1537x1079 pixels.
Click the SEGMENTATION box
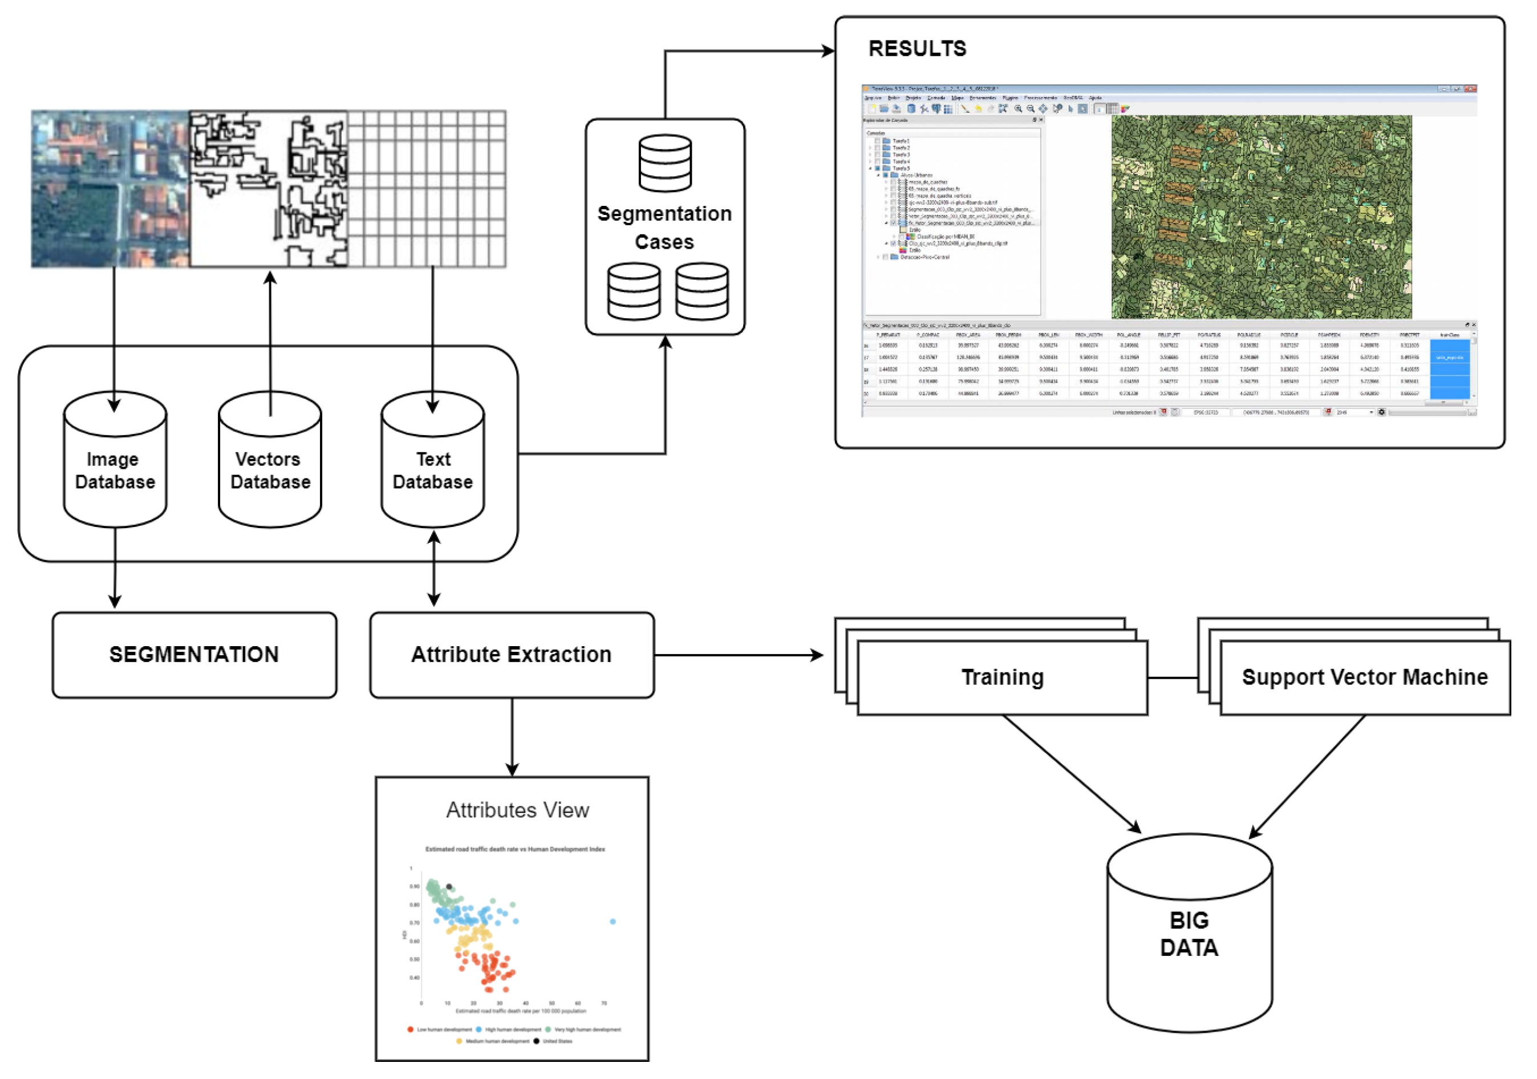pos(194,655)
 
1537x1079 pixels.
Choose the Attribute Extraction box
pos(512,655)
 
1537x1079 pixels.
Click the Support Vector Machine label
pos(1365,678)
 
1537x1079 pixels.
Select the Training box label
pos(1002,678)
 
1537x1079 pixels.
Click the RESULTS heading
pos(917,49)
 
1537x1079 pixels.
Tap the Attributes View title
pos(517,810)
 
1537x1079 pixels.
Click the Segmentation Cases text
pos(665,228)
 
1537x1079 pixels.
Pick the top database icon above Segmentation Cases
pos(665,163)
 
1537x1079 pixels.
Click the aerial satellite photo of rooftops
pos(110,189)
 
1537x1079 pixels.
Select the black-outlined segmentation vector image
pos(269,189)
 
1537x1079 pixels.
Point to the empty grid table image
pos(427,189)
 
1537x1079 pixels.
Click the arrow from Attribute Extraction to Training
pos(736,655)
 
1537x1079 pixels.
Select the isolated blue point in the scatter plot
pos(613,922)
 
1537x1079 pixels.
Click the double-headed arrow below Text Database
pos(434,569)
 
